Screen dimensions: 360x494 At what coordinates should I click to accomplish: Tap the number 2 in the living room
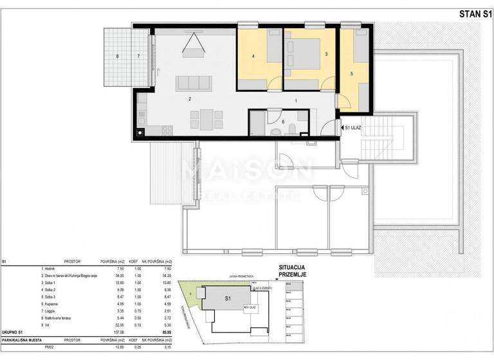(189, 99)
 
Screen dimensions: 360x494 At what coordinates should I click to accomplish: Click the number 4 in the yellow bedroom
(253, 57)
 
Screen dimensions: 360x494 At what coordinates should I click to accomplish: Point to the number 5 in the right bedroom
(352, 73)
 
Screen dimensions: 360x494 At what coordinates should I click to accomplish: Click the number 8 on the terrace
(117, 57)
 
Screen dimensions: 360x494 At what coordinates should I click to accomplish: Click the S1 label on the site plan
(227, 299)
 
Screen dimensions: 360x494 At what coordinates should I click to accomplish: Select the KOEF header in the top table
(134, 262)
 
